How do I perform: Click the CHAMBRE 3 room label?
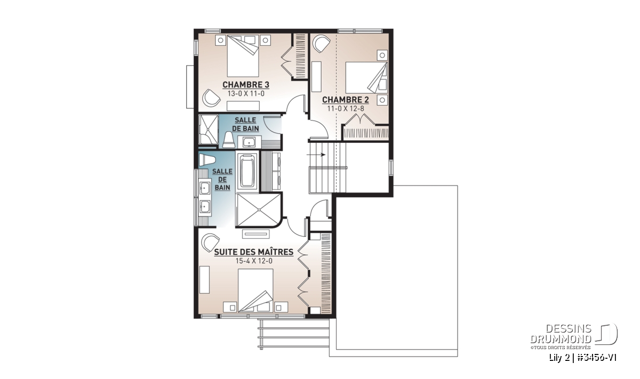tap(246, 85)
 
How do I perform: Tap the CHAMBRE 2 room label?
tap(346, 100)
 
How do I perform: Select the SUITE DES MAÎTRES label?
tap(254, 252)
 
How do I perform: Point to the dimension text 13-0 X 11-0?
tap(246, 94)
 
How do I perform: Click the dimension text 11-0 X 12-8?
tap(346, 109)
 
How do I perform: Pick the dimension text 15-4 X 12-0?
tap(254, 261)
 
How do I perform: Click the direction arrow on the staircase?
tap(316, 155)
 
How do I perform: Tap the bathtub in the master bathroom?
tap(247, 171)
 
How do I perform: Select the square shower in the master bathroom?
tap(259, 210)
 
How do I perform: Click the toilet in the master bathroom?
tap(207, 160)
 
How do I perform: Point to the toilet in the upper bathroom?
tap(229, 140)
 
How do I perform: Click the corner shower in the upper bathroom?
tap(209, 130)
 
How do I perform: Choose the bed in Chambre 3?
tap(243, 55)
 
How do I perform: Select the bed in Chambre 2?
tap(366, 77)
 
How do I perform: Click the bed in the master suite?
tap(255, 291)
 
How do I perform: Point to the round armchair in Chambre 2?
tap(321, 44)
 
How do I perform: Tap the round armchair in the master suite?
tap(210, 243)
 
